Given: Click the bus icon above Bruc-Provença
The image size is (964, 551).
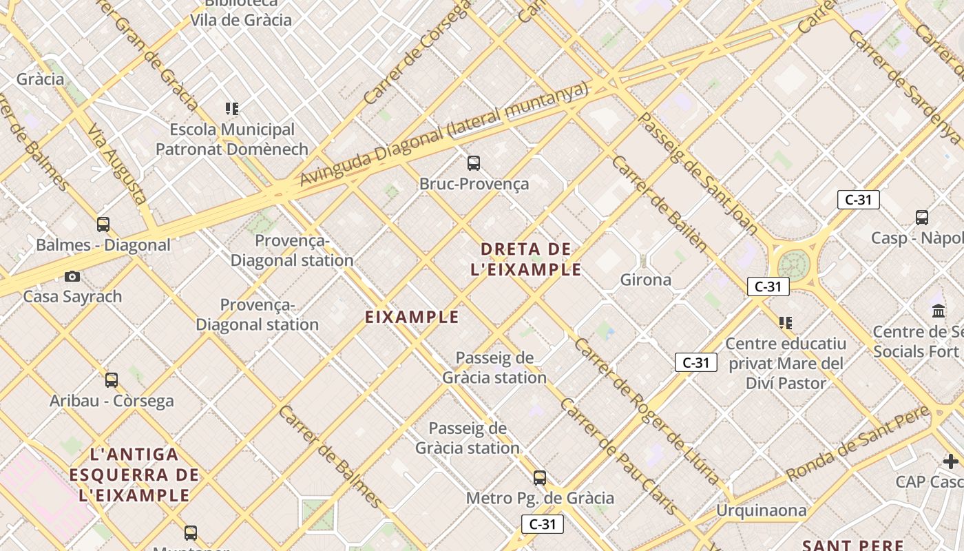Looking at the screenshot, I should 474,163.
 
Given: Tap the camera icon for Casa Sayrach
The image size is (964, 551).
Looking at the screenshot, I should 72,276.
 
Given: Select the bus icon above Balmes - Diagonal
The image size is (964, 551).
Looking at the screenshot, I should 103,224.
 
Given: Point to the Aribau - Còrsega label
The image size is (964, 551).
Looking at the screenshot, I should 112,401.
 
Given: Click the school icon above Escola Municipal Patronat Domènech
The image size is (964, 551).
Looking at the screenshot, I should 232,108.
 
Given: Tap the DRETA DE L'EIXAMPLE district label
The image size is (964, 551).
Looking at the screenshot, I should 526,259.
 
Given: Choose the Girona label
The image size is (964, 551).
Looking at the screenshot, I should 645,280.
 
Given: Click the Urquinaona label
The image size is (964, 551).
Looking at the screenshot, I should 761,510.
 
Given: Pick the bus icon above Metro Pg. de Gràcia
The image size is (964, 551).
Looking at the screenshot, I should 540,477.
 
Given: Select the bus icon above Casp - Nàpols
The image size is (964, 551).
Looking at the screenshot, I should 922,218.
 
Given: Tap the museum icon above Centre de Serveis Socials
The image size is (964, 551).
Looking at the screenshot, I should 939,311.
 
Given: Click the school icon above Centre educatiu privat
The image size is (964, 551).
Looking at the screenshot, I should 786,322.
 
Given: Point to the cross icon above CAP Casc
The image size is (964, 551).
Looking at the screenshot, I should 951,461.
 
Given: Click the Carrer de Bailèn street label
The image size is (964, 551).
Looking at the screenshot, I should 659,203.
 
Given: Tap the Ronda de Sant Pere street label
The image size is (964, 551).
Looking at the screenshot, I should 857,444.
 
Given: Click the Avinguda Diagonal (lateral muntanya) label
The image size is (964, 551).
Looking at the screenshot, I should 444,134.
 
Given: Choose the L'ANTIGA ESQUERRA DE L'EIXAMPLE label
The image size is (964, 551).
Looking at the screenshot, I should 134,475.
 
